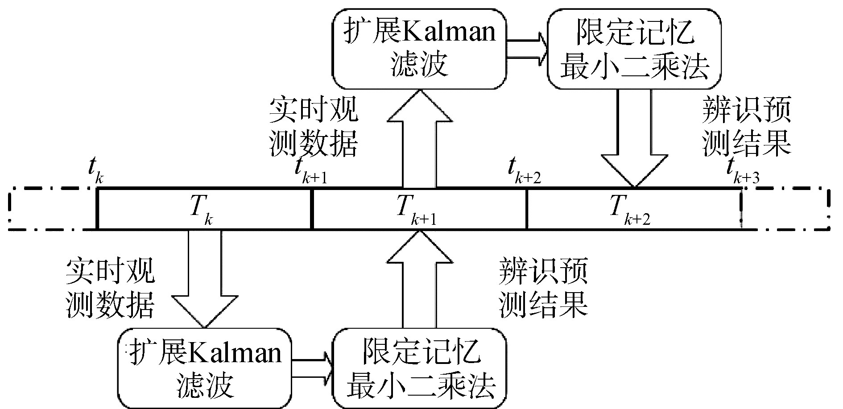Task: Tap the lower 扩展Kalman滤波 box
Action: coord(205,368)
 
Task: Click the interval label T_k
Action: coord(199,210)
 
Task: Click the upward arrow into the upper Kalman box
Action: coord(419,138)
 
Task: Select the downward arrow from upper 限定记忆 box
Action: coord(634,138)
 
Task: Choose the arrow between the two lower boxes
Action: coord(312,368)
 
